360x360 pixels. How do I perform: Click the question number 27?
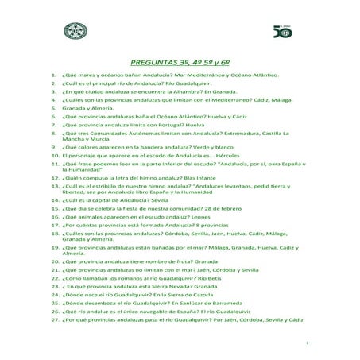point(52,339)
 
